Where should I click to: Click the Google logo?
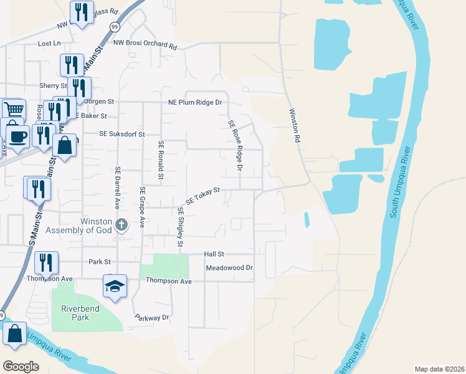[21, 367]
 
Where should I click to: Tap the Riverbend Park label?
[75, 313]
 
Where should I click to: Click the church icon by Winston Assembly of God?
[121, 224]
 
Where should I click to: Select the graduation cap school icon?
[115, 285]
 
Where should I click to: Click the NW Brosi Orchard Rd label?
[145, 43]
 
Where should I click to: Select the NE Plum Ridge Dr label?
[195, 102]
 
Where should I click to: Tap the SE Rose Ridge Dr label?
[234, 146]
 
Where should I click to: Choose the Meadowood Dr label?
[229, 268]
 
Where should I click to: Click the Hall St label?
[214, 254]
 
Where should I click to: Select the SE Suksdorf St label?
[121, 134]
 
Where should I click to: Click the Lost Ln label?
[49, 44]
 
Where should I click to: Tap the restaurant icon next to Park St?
[45, 262]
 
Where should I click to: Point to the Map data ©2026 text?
[439, 368]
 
